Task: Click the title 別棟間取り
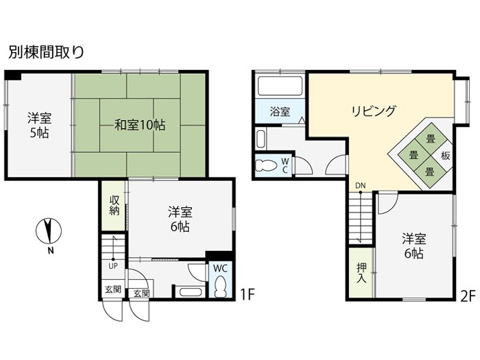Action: tap(46, 52)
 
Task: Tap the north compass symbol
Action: tap(49, 230)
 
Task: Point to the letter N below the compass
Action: tap(51, 251)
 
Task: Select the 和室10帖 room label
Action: tap(140, 125)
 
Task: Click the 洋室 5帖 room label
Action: tap(40, 125)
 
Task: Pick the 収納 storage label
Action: tap(115, 206)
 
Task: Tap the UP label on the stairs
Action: tap(113, 266)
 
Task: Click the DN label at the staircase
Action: tap(360, 186)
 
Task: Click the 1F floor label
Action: tap(247, 295)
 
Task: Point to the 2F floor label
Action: tap(468, 296)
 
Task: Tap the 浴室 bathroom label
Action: tap(280, 111)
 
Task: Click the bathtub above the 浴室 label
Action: tap(280, 86)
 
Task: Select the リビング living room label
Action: tap(374, 111)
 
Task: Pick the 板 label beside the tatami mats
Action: tap(445, 156)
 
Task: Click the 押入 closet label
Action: tap(361, 273)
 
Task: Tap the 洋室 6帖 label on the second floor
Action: tap(414, 245)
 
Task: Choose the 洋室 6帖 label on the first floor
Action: tap(180, 219)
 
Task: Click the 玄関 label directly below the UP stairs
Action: tap(113, 289)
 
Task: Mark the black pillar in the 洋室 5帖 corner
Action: tap(13, 75)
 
